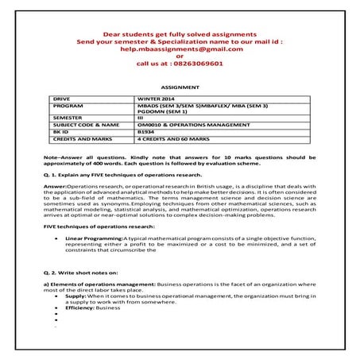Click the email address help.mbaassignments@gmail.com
pyautogui.click(x=180, y=49)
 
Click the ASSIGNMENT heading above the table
pyautogui.click(x=180, y=85)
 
